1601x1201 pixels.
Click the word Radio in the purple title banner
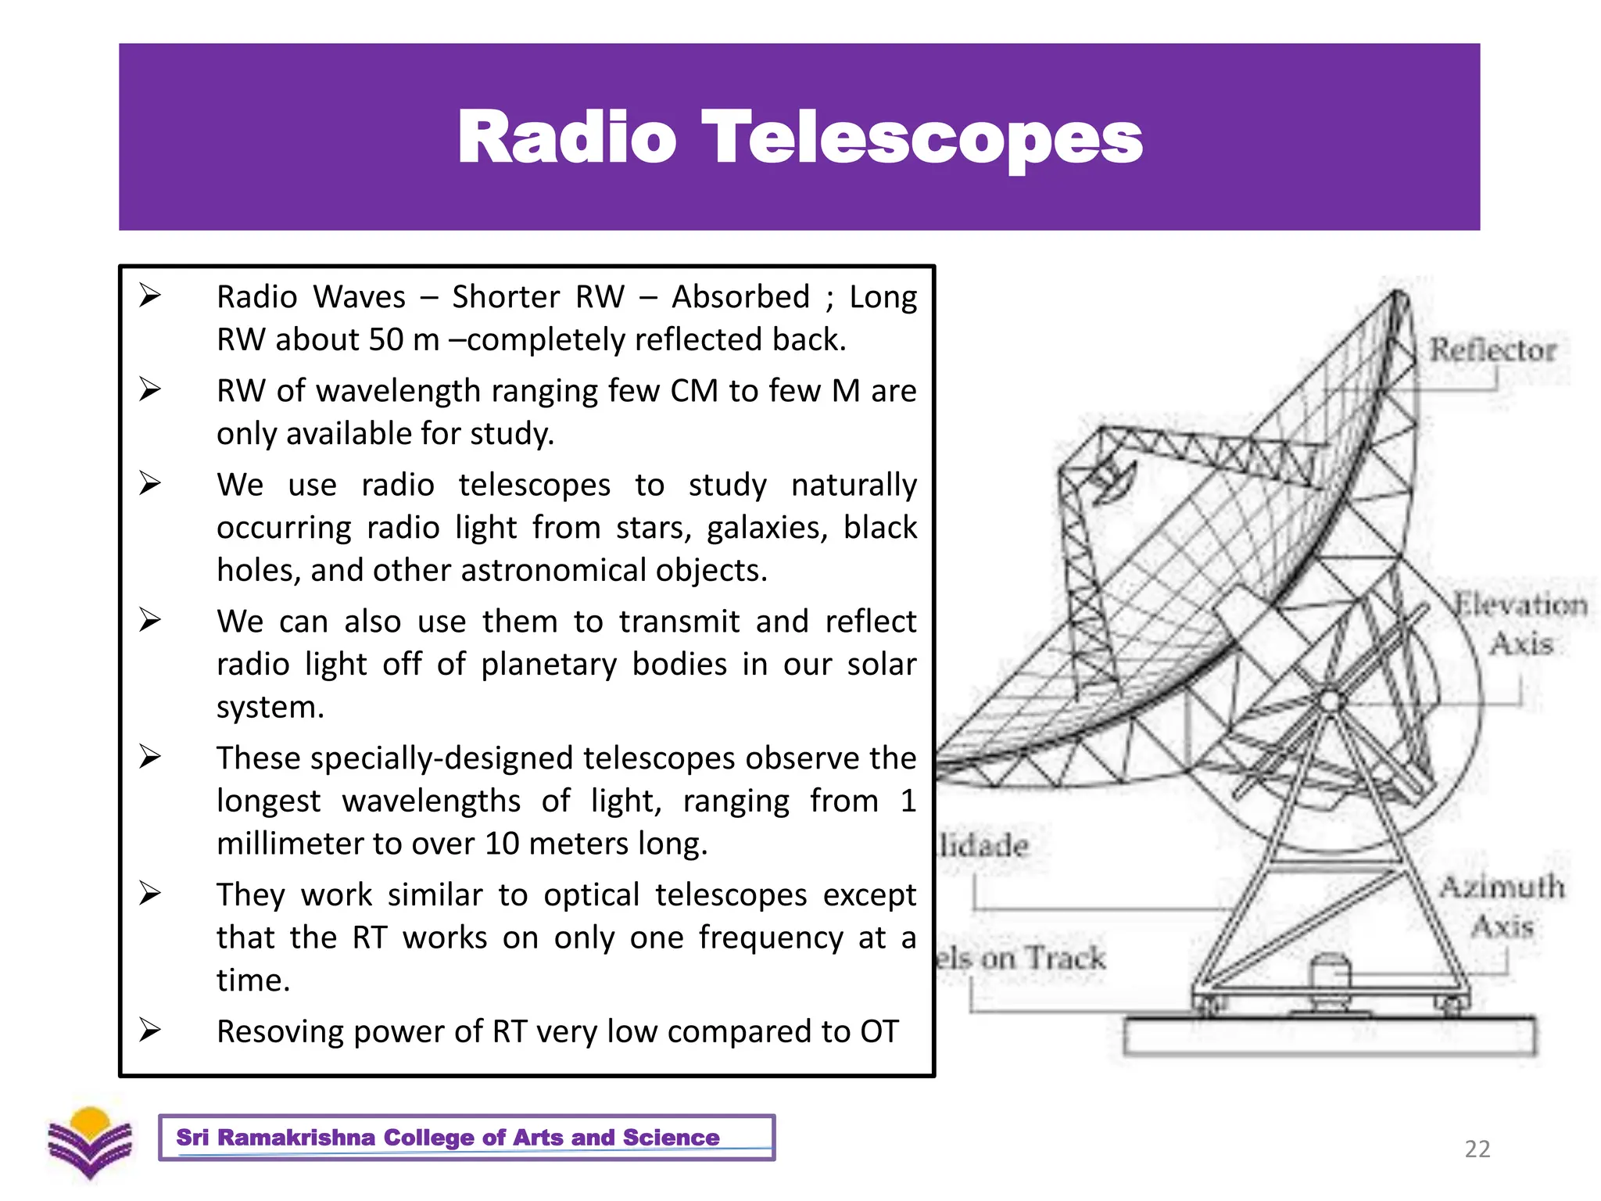pyautogui.click(x=567, y=138)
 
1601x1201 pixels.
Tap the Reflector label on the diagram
pyautogui.click(x=1492, y=350)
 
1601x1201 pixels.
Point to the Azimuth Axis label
pyautogui.click(x=1502, y=906)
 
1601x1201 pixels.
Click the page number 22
pyautogui.click(x=1477, y=1149)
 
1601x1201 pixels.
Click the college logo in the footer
pyautogui.click(x=90, y=1142)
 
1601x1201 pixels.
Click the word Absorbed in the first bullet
pyautogui.click(x=740, y=297)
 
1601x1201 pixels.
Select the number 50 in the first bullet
pyautogui.click(x=386, y=340)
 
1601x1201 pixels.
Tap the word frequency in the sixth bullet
pyautogui.click(x=770, y=937)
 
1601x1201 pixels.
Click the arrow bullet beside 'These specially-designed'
pyautogui.click(x=150, y=757)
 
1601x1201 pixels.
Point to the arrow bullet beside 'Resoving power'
pyautogui.click(x=150, y=1030)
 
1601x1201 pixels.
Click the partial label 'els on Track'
pyautogui.click(x=1020, y=959)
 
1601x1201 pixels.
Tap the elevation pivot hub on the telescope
pyautogui.click(x=1330, y=700)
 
